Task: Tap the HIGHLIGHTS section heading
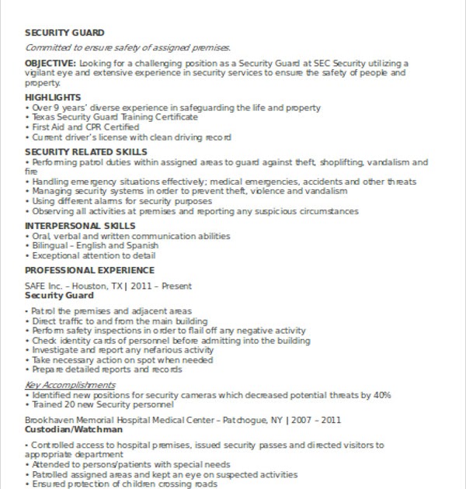coord(53,97)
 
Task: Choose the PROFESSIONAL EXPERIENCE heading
coord(89,270)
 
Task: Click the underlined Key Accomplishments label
coord(70,385)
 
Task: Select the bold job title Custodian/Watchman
coord(74,429)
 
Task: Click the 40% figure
coord(381,395)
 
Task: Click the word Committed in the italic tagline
coord(49,47)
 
